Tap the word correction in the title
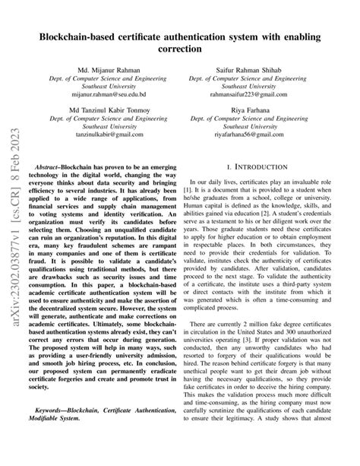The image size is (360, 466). tap(180, 49)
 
